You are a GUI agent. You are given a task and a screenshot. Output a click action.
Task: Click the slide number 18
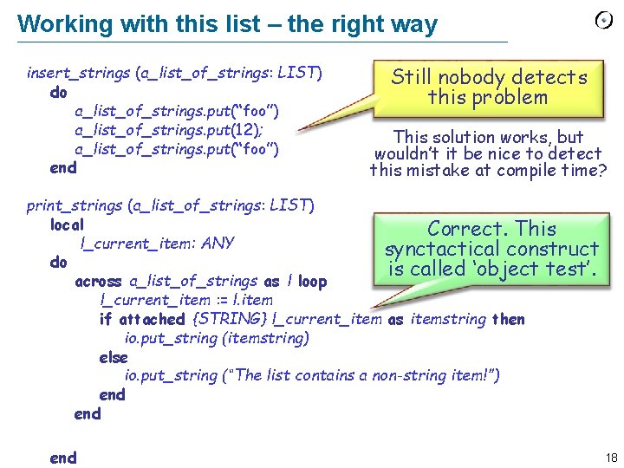(x=612, y=457)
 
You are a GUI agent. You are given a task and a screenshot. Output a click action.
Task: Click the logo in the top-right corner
(x=604, y=20)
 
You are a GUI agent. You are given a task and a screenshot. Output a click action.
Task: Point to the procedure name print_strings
(x=75, y=205)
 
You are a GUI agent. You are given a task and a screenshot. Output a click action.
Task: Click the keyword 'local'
(x=67, y=224)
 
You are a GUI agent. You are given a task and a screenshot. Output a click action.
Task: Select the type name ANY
(x=217, y=244)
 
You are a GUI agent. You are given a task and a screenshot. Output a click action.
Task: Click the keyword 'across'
(x=100, y=282)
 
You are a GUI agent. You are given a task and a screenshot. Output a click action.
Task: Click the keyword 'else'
(x=113, y=357)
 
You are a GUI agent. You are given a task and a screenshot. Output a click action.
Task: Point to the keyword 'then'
(x=508, y=319)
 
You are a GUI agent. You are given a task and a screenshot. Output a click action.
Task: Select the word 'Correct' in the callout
(x=465, y=229)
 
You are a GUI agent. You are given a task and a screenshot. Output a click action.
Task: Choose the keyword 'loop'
(x=312, y=282)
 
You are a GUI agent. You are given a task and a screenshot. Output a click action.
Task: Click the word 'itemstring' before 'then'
(x=448, y=319)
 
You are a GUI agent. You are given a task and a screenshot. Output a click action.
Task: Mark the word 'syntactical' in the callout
(x=438, y=249)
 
